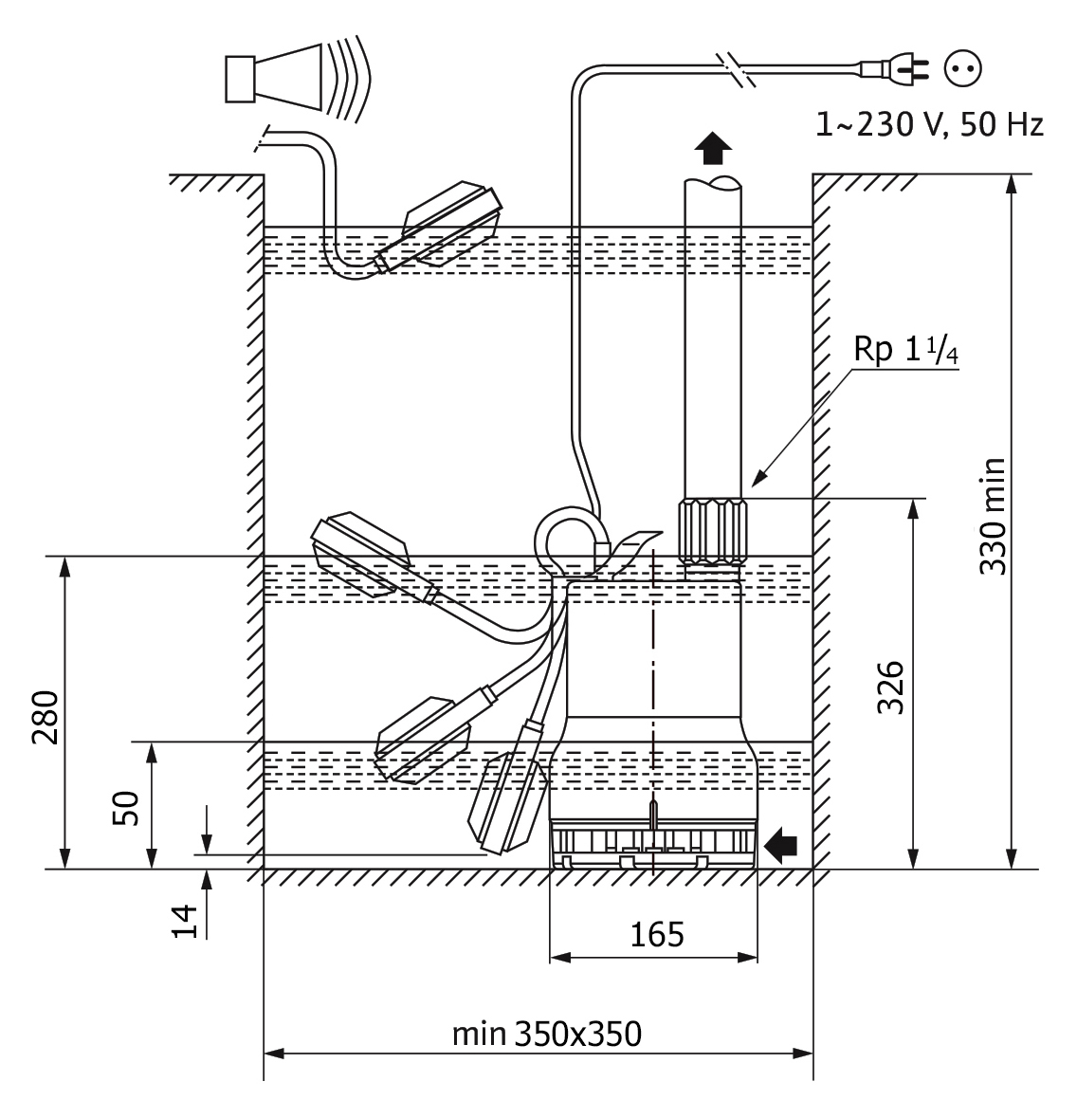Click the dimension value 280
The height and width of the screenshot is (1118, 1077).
pos(46,717)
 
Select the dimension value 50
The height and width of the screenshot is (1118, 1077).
pos(126,808)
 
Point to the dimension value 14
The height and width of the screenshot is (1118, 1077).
pos(185,921)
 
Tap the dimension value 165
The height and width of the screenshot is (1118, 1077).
pos(656,934)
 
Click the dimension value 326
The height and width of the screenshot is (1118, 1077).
pos(890,687)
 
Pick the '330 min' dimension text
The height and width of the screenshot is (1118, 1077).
pos(993,516)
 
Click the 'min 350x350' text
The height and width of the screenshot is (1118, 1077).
pos(547,1034)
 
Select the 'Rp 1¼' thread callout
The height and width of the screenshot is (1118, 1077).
pos(905,351)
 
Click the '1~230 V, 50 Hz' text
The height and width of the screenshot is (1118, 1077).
pos(929,125)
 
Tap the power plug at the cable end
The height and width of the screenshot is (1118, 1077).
pos(895,68)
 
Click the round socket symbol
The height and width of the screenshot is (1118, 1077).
pos(963,68)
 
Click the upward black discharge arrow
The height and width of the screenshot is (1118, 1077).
pos(713,149)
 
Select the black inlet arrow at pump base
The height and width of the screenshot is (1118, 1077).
pos(780,845)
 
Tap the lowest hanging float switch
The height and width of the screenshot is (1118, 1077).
pos(507,802)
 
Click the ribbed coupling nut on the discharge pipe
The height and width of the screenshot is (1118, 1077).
pos(711,531)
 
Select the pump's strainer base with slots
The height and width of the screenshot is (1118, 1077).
pos(652,845)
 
